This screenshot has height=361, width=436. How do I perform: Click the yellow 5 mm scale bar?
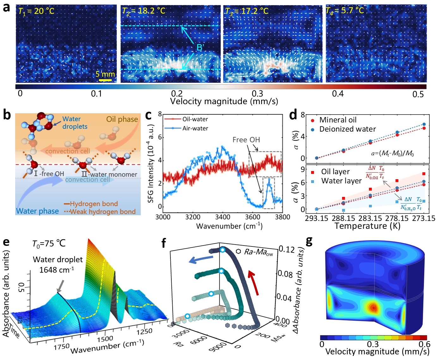point(105,80)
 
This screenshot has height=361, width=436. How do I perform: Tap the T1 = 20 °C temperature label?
point(36,11)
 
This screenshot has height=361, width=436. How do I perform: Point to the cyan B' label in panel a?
point(200,48)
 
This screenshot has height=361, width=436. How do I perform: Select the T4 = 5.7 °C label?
point(345,11)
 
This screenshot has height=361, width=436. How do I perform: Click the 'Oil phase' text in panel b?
point(122,119)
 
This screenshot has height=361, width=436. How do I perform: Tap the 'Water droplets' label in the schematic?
point(75,123)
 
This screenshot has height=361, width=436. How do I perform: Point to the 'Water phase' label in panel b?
point(37,211)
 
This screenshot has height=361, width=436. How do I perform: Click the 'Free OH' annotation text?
point(246,140)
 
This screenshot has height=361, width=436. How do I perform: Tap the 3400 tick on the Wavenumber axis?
point(223,217)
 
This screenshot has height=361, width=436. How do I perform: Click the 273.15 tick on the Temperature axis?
point(423,218)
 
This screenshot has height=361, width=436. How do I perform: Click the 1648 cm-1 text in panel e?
point(57,270)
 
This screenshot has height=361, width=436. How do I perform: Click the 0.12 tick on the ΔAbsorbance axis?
point(286,250)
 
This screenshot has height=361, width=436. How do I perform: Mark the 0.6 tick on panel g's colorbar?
point(424,344)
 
